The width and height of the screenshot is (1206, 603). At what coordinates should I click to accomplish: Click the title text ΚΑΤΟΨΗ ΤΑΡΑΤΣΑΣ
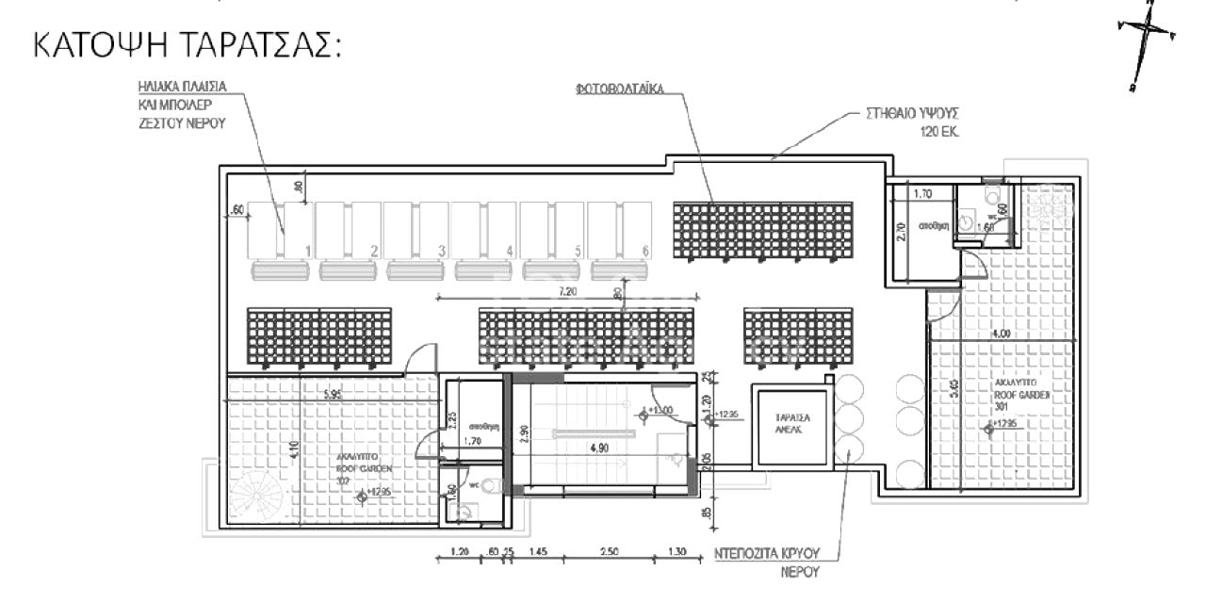point(186,48)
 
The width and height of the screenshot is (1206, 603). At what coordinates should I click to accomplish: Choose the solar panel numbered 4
point(486,231)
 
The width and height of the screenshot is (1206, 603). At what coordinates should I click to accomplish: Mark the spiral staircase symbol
point(253,496)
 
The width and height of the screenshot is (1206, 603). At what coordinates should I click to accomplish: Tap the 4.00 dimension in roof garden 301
point(1001,333)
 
